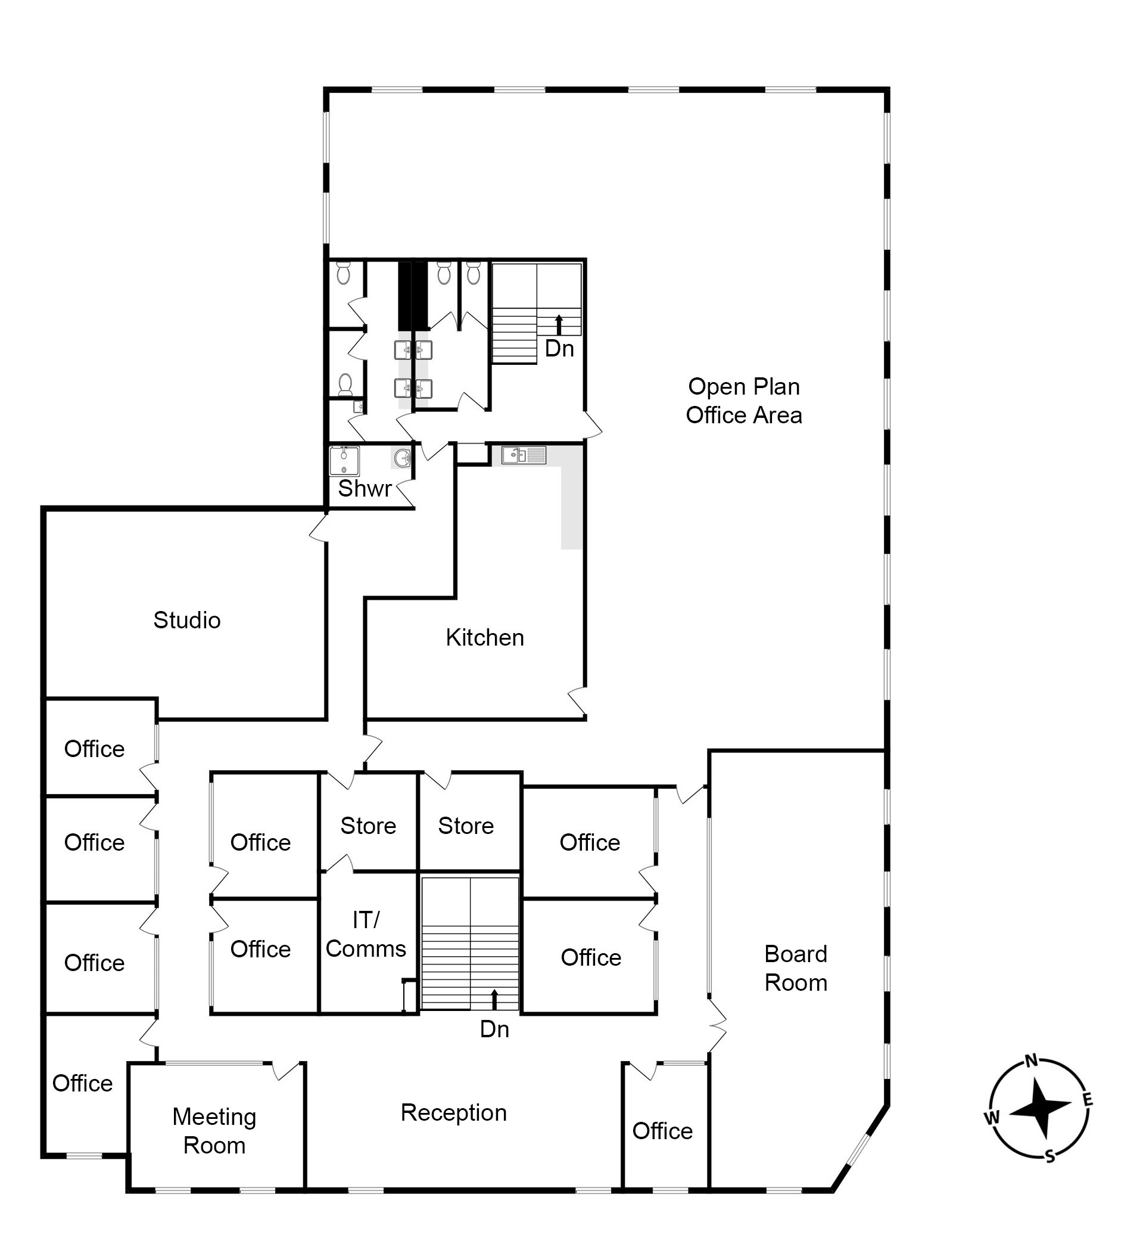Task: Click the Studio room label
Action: [x=186, y=620]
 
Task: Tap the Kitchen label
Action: [x=485, y=637]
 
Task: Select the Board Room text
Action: [x=796, y=968]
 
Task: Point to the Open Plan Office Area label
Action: [x=744, y=401]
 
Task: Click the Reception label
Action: [x=454, y=1112]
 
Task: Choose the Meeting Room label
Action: [x=214, y=1131]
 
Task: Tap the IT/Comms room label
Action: [x=366, y=934]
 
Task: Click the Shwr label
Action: [x=365, y=488]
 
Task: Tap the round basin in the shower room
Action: [x=401, y=458]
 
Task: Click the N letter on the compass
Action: [x=1032, y=1060]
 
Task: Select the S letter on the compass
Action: [x=1050, y=1156]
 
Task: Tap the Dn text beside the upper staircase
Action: [x=559, y=348]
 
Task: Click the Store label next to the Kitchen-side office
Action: [x=466, y=826]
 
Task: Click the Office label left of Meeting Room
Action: [x=83, y=1083]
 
